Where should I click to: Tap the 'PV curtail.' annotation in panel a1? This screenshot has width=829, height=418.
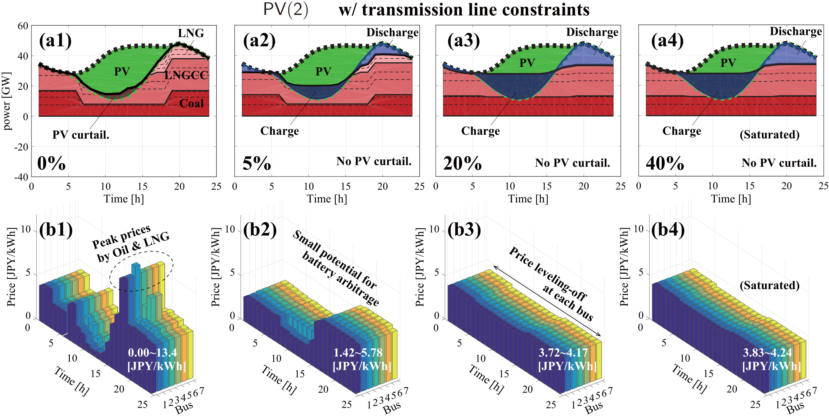click(x=81, y=135)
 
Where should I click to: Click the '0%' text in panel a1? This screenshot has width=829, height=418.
click(x=52, y=163)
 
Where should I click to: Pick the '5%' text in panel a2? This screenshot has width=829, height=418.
click(x=256, y=163)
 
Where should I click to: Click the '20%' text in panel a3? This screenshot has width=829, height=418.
click(x=462, y=163)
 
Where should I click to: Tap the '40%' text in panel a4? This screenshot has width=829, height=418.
click(x=665, y=163)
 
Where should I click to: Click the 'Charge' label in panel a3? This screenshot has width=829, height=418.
click(x=480, y=131)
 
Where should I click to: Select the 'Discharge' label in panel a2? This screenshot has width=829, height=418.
click(x=392, y=32)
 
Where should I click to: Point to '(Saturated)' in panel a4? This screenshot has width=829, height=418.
click(x=770, y=134)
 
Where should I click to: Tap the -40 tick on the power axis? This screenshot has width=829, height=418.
click(x=21, y=177)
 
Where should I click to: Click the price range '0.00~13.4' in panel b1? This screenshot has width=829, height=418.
click(x=152, y=353)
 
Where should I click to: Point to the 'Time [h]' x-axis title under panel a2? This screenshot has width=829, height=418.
click(x=327, y=199)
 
